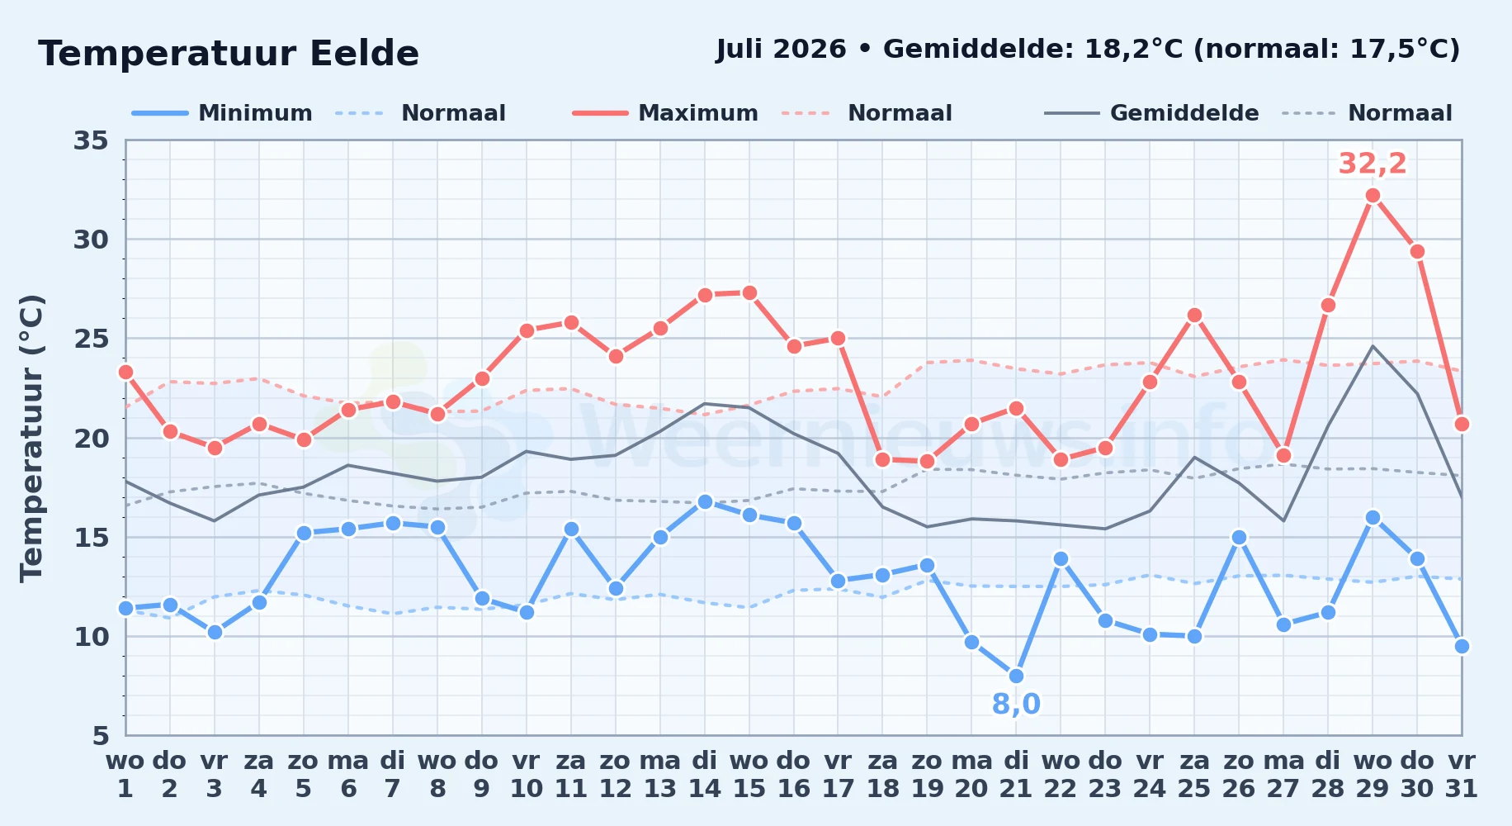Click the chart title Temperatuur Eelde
229,54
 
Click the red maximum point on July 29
1373,196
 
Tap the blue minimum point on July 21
1016,676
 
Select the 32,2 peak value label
1372,164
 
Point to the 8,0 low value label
1016,704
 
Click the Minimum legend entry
222,113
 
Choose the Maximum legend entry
665,113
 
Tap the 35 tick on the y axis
91,140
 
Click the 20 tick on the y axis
91,438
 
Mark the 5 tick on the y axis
100,735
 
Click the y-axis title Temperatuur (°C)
31,438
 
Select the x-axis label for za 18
882,774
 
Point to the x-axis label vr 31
1461,774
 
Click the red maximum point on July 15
749,292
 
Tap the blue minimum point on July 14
704,501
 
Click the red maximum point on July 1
125,372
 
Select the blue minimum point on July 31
1461,646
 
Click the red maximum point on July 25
1194,315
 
